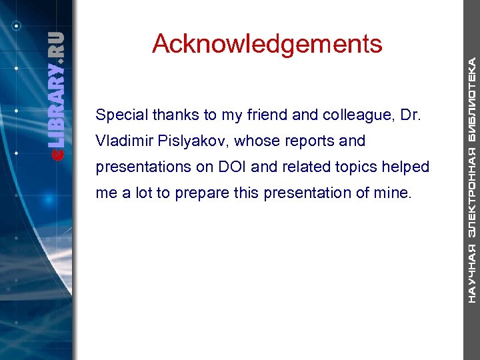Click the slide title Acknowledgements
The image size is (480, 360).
click(267, 44)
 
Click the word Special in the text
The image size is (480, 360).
click(121, 115)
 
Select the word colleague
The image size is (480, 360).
click(353, 115)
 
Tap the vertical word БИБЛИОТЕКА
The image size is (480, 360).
click(472, 100)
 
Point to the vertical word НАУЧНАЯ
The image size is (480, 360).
click(472, 273)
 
